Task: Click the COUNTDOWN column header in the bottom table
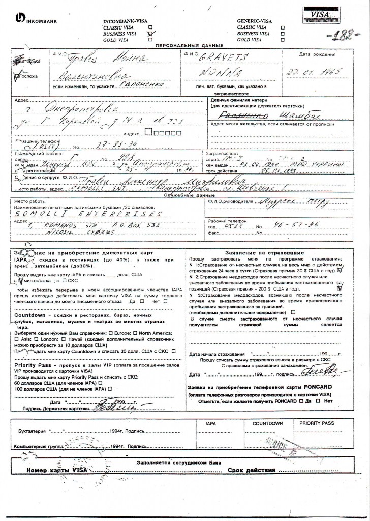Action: (x=267, y=423)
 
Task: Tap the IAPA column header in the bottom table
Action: (x=211, y=423)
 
